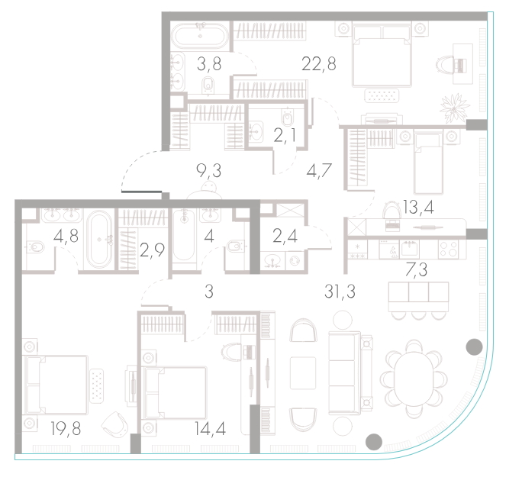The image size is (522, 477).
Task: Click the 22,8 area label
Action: point(318,63)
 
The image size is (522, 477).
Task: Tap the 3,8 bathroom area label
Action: point(209,63)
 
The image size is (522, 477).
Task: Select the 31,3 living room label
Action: point(340,292)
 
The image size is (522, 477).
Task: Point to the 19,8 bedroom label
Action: point(66,428)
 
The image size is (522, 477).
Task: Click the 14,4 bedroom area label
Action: point(210,428)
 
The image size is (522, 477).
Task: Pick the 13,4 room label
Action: point(418,207)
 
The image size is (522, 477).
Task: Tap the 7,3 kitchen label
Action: point(417,269)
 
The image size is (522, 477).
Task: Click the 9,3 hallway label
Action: point(209,171)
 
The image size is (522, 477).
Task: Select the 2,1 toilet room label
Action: point(285,136)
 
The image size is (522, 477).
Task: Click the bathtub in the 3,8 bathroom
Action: point(200,37)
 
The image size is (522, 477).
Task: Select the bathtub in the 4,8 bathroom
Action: point(99,239)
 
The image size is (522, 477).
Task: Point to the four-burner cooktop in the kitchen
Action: point(449,249)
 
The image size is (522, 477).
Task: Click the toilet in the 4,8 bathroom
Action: point(34,247)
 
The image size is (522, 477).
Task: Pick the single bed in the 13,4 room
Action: point(428,162)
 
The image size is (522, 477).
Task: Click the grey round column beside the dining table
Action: point(474,347)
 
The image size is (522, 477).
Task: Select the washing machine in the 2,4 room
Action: point(295,261)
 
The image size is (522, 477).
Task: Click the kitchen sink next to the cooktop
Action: point(409,249)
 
